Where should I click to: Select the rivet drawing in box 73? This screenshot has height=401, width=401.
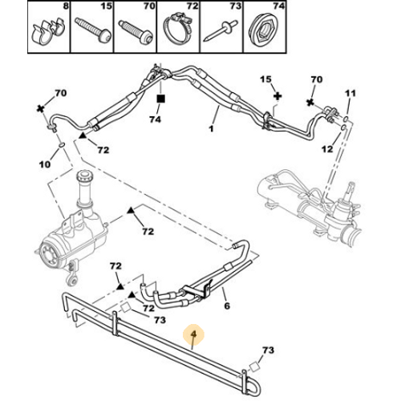pos(221,31)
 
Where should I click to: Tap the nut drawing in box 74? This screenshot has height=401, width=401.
pos(263,30)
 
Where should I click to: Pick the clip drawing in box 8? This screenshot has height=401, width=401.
pos(48,30)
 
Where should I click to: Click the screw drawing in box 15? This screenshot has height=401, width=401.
pos(92,30)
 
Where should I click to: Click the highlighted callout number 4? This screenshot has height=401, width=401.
pos(193,334)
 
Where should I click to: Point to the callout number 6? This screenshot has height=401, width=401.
pos(227,306)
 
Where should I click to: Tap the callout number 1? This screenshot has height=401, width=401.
pos(212,128)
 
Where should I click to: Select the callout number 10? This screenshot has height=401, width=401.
pos(45,164)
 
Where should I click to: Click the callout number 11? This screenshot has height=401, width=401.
pos(350,93)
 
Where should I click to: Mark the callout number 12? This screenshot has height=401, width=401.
pos(328,149)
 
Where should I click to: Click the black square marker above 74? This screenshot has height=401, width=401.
pos(160,99)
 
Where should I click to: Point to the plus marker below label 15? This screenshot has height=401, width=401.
pos(278,96)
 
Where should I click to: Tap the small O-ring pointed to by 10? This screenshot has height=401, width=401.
pos(62,145)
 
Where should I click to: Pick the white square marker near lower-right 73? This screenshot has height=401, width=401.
pos(254,367)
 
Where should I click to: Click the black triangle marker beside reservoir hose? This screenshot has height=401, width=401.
pos(131,210)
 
